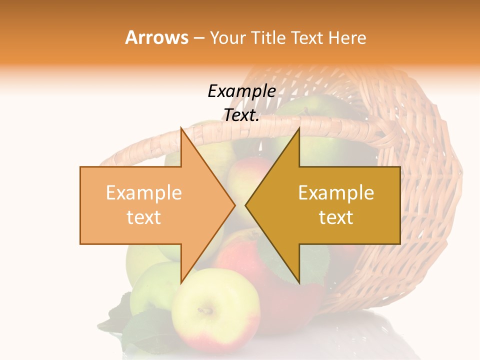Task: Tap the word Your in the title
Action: pyautogui.click(x=228, y=37)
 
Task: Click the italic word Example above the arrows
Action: pyautogui.click(x=241, y=91)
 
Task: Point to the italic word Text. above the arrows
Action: pyautogui.click(x=241, y=115)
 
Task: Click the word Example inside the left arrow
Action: pyautogui.click(x=144, y=193)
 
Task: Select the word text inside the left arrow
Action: pyautogui.click(x=144, y=217)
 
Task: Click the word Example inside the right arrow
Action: pyautogui.click(x=336, y=193)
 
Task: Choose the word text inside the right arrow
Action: pyautogui.click(x=336, y=217)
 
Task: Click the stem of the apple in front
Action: pyautogui.click(x=205, y=311)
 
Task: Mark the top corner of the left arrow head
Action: pyautogui.click(x=181, y=128)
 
